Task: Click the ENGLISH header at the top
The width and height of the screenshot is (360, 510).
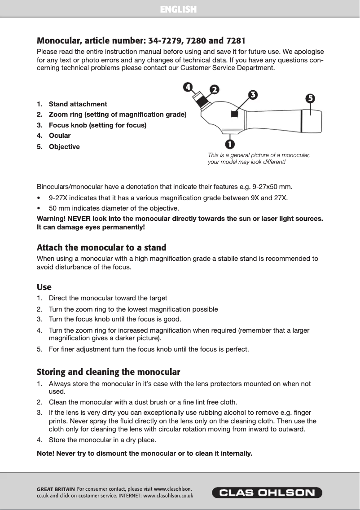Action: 179,9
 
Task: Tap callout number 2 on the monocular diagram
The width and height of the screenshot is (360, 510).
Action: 215,89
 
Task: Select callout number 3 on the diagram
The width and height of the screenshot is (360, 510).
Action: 253,94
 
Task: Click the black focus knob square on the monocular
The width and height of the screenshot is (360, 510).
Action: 234,114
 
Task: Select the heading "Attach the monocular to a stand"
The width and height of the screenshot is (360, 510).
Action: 101,247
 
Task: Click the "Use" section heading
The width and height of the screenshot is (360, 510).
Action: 44,287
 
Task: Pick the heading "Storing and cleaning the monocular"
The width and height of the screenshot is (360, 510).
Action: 108,372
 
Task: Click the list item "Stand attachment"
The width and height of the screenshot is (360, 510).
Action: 78,104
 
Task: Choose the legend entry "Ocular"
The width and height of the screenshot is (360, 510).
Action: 60,135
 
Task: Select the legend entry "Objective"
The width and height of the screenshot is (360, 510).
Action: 64,147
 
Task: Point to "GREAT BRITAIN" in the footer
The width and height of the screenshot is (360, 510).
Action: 56,489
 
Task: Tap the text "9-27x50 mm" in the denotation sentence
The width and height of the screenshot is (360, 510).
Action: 274,186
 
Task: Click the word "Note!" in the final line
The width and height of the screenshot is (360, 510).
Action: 46,453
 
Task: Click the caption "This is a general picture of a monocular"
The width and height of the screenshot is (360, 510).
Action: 259,155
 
